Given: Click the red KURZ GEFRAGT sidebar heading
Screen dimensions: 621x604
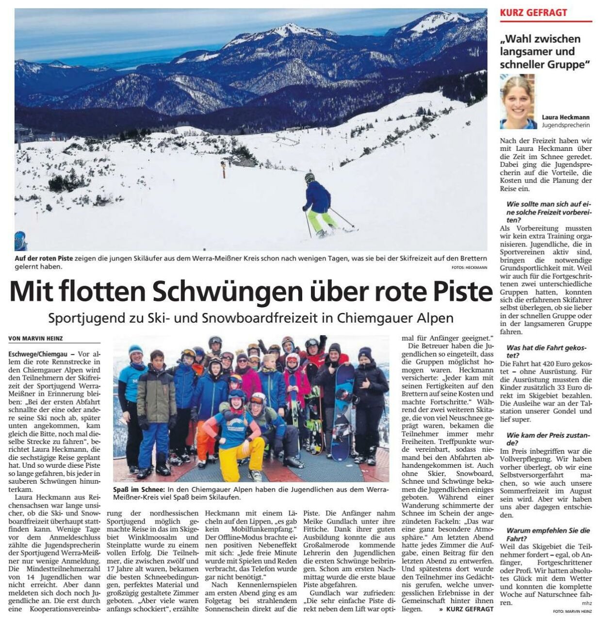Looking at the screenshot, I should click(x=533, y=13).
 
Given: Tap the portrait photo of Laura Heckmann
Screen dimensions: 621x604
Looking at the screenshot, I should click(x=517, y=102).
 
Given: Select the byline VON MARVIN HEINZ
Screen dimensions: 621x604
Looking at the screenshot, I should click(x=36, y=338).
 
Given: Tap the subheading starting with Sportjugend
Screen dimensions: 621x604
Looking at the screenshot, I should click(x=251, y=318).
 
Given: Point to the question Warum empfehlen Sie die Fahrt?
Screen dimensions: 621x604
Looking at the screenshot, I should click(x=548, y=535).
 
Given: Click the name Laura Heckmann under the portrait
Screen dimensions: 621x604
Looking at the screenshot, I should click(x=566, y=117).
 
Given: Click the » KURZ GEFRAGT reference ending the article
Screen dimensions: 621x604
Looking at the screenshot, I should click(x=466, y=608).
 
